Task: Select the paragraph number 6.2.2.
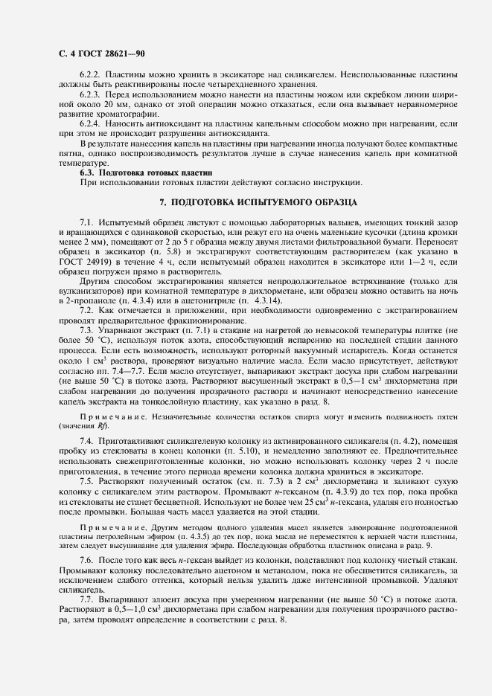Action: coord(89,75)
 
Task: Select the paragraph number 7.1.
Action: coord(87,223)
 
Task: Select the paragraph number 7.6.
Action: coord(87,558)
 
